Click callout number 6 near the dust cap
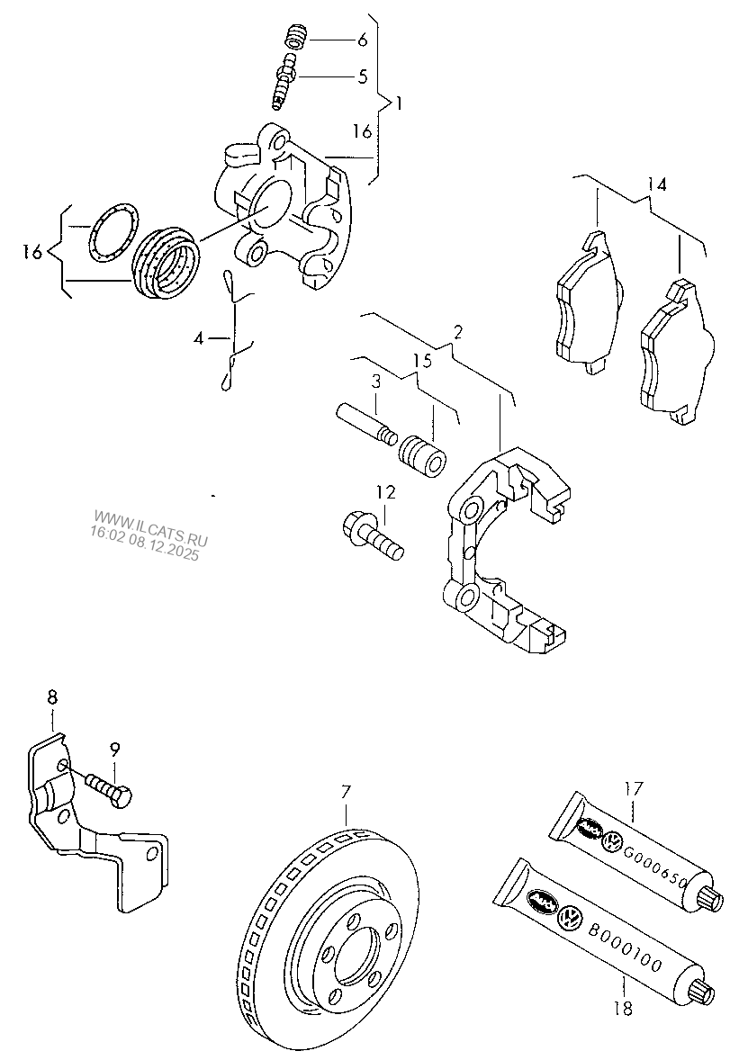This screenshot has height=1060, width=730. pyautogui.click(x=363, y=40)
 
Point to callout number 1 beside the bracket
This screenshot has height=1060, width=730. pyautogui.click(x=400, y=103)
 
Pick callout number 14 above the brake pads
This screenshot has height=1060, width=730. pyautogui.click(x=657, y=185)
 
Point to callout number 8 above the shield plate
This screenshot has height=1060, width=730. pyautogui.click(x=51, y=696)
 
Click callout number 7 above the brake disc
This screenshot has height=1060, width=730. pyautogui.click(x=345, y=792)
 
